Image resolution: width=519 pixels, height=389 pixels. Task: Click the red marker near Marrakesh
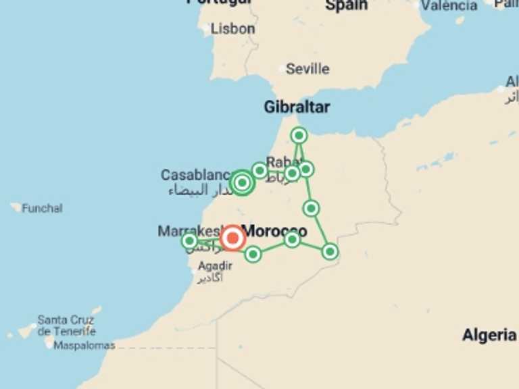232,238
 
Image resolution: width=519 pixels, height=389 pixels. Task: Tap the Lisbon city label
232,29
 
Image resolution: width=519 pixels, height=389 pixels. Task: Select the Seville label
307,69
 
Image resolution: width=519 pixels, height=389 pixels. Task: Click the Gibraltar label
297,107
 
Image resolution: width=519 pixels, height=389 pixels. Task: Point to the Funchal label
42,208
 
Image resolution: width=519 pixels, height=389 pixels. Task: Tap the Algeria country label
489,335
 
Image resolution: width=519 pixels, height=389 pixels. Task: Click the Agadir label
215,266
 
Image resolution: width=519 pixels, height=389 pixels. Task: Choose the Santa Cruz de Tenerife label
66,325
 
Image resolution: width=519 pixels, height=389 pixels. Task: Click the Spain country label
347,5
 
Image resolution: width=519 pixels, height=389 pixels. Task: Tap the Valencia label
449,5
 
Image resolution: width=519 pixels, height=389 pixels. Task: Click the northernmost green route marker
299,136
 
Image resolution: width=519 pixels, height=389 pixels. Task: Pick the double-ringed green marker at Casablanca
242,182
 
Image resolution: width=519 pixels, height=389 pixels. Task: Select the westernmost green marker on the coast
190,240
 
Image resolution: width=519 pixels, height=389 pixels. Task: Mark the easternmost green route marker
330,251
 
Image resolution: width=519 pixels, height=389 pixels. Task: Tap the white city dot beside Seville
282,68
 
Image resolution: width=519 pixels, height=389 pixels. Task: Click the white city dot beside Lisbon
207,28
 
